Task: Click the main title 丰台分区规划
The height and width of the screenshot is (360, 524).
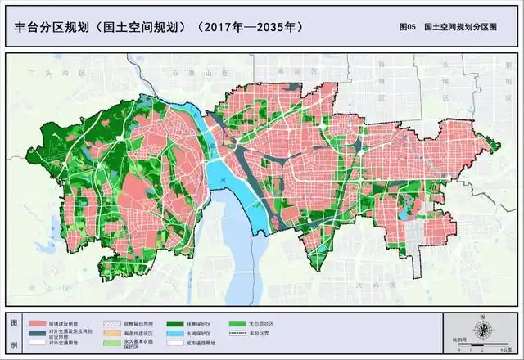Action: click(x=52, y=27)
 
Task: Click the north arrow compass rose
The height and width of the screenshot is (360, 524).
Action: click(x=484, y=329)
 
